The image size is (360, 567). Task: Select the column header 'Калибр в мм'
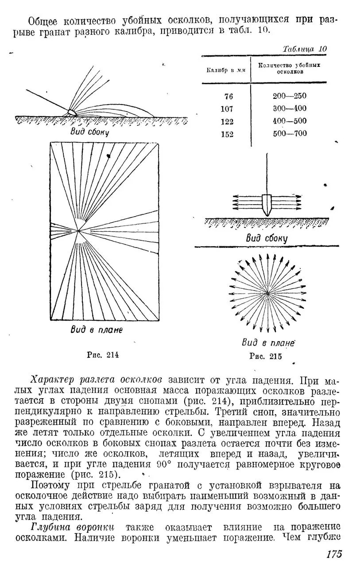(x=225, y=70)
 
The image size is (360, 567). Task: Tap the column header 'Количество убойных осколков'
(x=289, y=67)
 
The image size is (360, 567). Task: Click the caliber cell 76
(x=228, y=96)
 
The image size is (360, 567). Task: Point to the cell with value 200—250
(x=290, y=96)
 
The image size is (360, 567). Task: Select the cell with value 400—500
(x=290, y=121)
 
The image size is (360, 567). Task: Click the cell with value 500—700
(x=290, y=133)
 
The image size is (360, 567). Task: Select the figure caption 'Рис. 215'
(x=266, y=356)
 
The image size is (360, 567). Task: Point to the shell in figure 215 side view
(x=267, y=203)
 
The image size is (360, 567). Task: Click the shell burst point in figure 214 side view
(x=71, y=112)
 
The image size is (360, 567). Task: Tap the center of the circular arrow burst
(x=267, y=293)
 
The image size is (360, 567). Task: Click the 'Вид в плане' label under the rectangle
(x=96, y=330)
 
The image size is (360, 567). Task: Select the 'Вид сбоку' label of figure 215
(x=267, y=238)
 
